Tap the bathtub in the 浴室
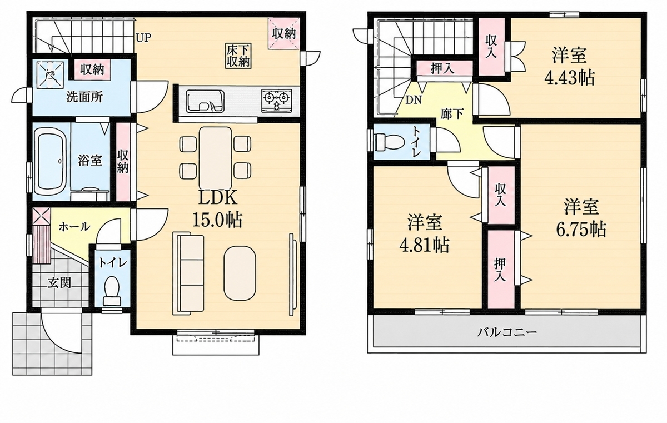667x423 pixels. pyautogui.click(x=51, y=161)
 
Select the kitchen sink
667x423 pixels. pyautogui.click(x=205, y=101)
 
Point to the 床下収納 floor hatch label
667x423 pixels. pyautogui.click(x=238, y=56)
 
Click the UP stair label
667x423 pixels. pyautogui.click(x=143, y=38)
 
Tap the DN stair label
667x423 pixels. pyautogui.click(x=414, y=100)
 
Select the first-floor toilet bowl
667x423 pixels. pyautogui.click(x=112, y=290)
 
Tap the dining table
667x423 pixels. pyautogui.click(x=215, y=157)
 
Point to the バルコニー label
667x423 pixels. pyautogui.click(x=507, y=332)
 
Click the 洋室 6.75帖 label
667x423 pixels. pyautogui.click(x=581, y=218)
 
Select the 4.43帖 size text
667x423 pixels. pyautogui.click(x=569, y=78)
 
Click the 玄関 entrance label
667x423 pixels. pyautogui.click(x=60, y=283)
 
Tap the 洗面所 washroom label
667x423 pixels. pyautogui.click(x=84, y=97)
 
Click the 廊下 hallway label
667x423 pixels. pyautogui.click(x=452, y=113)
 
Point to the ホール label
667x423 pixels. pyautogui.click(x=74, y=227)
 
